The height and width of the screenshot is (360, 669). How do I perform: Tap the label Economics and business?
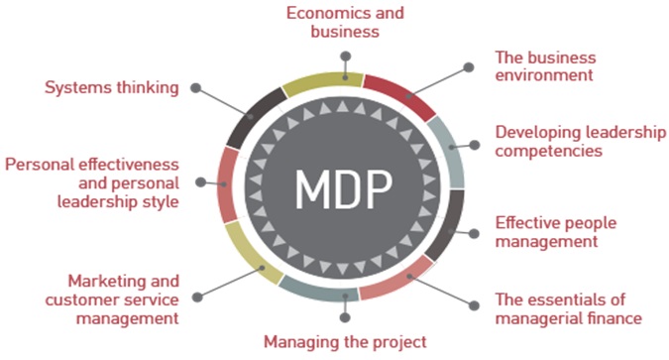coord(346,22)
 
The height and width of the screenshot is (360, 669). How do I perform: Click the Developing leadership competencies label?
coord(580,141)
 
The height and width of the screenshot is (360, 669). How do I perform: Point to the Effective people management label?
coord(560,231)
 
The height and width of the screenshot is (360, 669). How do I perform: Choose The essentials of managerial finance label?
coord(568,307)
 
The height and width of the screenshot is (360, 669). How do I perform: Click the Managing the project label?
coord(345,342)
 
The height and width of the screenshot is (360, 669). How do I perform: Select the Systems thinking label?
coord(112,87)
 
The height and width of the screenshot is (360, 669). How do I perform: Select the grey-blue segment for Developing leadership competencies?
coord(449,149)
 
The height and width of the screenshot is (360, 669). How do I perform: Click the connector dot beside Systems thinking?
coord(196,88)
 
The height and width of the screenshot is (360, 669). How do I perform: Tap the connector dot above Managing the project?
coord(345,318)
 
